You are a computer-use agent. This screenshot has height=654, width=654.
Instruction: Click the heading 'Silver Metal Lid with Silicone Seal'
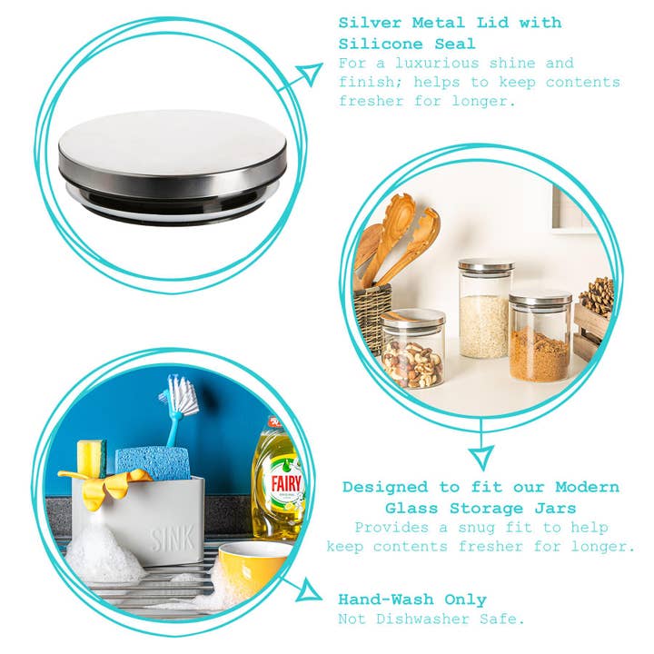450,33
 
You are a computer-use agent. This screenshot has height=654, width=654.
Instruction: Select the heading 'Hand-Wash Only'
411,599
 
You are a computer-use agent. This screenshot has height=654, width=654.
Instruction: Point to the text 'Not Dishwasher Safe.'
431,619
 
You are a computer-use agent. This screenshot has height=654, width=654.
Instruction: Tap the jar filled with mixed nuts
413,349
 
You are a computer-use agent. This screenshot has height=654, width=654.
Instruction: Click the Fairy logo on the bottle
287,481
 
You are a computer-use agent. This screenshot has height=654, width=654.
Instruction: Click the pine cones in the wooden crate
597,296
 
